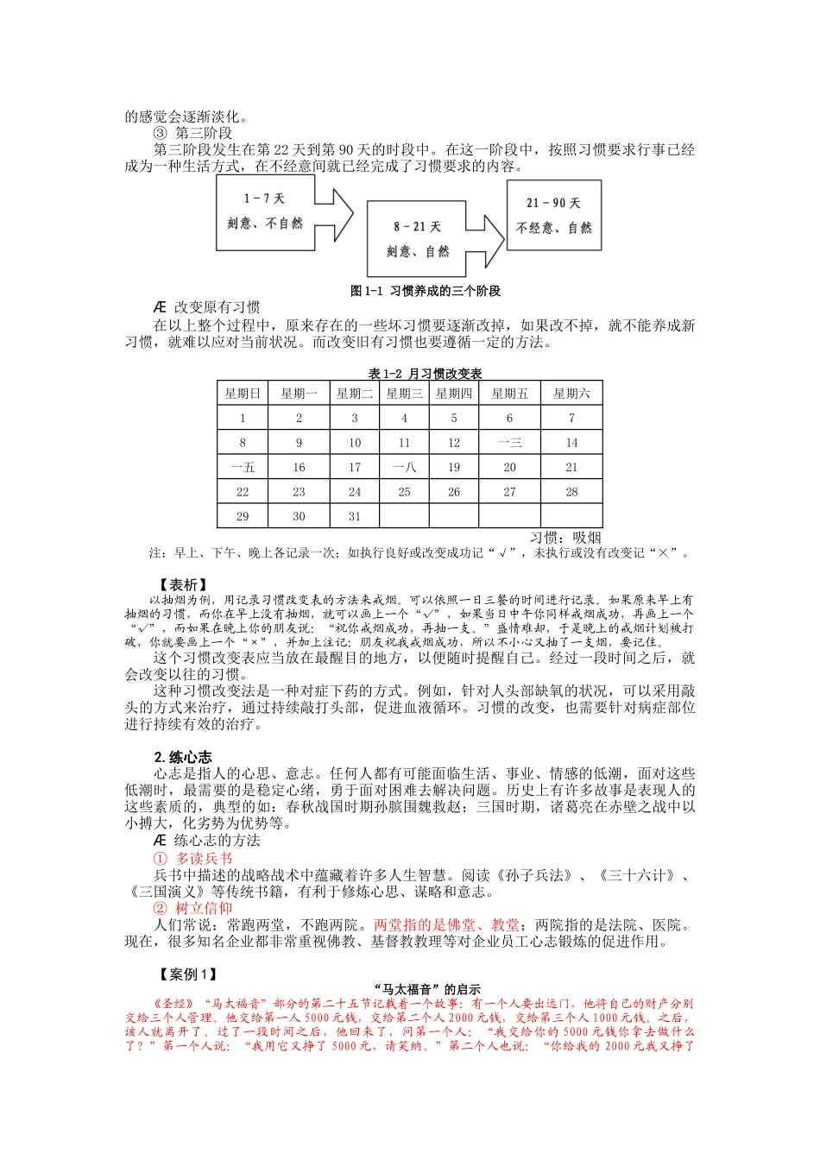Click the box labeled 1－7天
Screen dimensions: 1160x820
coord(265,211)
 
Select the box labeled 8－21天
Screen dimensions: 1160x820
coord(416,238)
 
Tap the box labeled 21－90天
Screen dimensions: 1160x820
coord(553,215)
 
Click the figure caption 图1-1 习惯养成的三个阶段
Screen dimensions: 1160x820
coord(425,291)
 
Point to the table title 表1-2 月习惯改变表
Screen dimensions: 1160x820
coord(425,374)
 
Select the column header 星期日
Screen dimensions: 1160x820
coord(243,394)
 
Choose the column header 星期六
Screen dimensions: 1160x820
coord(571,394)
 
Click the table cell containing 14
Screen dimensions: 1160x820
coord(571,443)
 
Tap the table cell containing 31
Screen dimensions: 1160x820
coord(355,516)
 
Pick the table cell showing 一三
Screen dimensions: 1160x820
coord(509,443)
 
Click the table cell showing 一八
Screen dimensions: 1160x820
coord(404,467)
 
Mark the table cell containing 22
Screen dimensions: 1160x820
coord(243,492)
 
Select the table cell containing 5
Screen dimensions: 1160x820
coord(454,418)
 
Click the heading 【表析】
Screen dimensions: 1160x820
coord(183,585)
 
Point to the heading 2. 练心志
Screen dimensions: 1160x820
coord(183,757)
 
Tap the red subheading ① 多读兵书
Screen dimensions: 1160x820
coord(192,859)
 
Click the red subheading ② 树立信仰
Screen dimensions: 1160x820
coord(192,908)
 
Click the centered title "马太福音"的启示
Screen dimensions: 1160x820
coord(428,990)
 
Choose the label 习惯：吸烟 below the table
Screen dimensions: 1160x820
coord(565,538)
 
